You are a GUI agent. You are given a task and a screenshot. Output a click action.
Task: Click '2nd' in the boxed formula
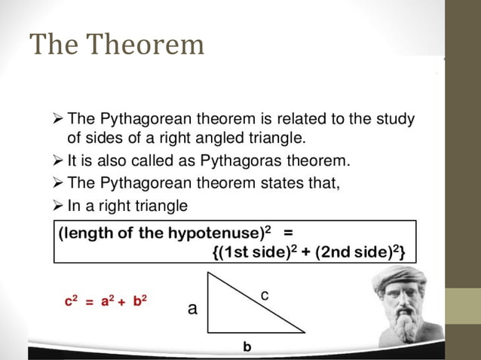332,253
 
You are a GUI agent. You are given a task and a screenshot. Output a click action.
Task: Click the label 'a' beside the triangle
192,309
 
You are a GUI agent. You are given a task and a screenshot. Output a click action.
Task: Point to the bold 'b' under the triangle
247,346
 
